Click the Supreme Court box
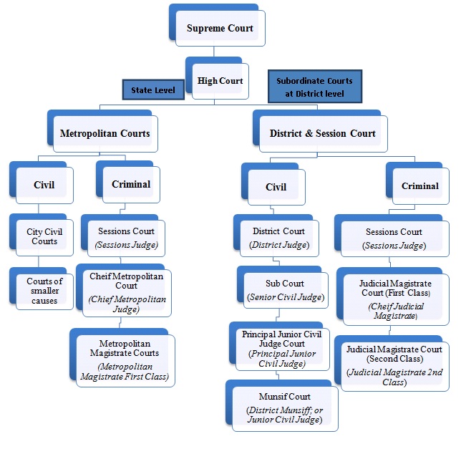(x=220, y=29)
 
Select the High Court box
(x=220, y=81)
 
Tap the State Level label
(x=152, y=90)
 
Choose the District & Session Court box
(x=322, y=133)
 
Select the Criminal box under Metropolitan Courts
(x=131, y=184)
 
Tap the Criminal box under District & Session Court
(x=419, y=186)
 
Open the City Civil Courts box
(x=44, y=236)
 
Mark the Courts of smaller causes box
(x=44, y=286)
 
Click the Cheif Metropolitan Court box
(x=127, y=292)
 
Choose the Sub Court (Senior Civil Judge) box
(x=286, y=291)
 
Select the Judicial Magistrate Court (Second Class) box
(x=394, y=365)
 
